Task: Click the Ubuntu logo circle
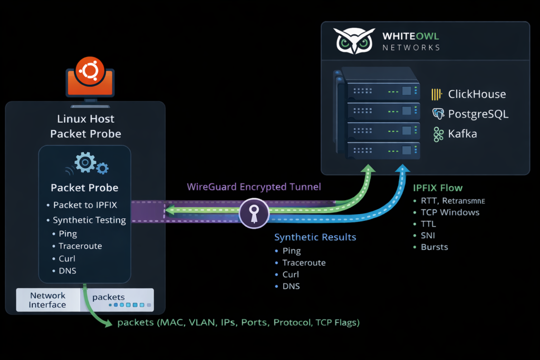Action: click(89, 69)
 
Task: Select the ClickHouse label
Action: click(477, 94)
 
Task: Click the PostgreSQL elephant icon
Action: click(437, 114)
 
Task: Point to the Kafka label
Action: click(462, 134)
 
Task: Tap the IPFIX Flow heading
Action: click(438, 187)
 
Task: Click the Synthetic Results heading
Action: click(315, 237)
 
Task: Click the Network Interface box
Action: click(47, 300)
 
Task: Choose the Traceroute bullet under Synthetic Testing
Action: click(81, 246)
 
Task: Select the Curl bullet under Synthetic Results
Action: click(291, 275)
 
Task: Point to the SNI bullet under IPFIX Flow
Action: click(428, 236)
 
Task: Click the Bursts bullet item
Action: click(434, 247)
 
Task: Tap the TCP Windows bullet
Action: click(450, 212)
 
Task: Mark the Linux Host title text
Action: click(85, 119)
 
